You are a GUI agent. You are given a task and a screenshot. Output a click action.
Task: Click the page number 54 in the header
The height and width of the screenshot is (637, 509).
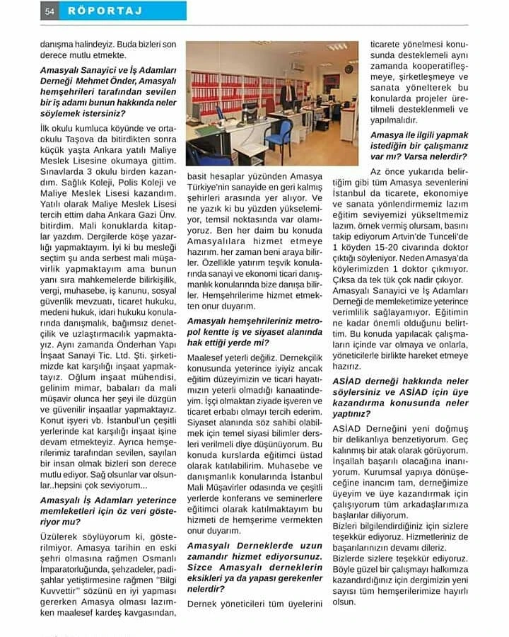[x=50, y=11]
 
